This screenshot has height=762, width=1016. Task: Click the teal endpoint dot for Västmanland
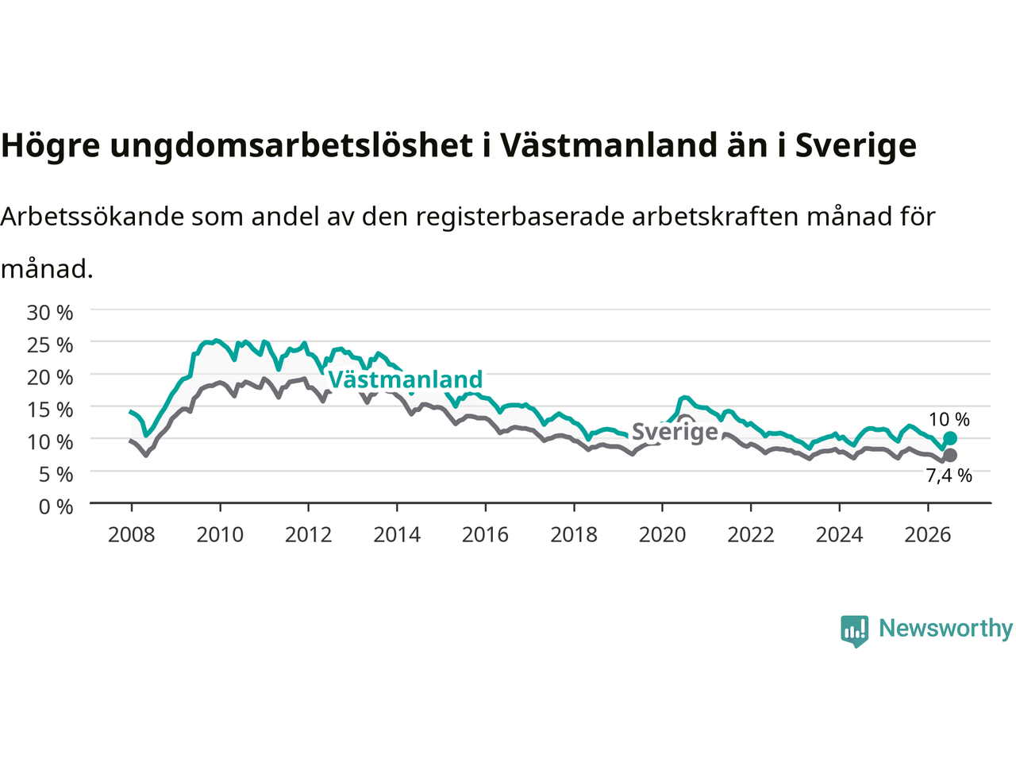(950, 437)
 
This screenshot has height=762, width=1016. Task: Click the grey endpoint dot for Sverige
(950, 456)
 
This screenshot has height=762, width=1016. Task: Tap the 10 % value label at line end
(949, 420)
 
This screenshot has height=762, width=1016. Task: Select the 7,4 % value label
(949, 475)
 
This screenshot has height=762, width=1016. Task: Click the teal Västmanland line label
(406, 379)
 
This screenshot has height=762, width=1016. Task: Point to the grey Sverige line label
(675, 432)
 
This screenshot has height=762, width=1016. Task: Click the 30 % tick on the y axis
(50, 313)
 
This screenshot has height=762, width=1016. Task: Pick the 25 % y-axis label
(50, 345)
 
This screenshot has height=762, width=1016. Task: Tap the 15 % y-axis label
(50, 410)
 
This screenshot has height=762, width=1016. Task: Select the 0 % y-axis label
(56, 507)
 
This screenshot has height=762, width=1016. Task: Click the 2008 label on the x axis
(132, 535)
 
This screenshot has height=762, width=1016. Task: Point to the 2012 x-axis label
(308, 535)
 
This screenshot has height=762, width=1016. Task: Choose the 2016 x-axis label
(485, 535)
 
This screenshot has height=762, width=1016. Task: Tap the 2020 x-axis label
(662, 535)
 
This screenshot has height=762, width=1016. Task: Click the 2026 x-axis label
(928, 535)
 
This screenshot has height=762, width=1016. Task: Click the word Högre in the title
(51, 146)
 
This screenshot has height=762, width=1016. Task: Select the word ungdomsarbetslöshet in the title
(291, 146)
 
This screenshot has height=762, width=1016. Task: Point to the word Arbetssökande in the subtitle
(93, 217)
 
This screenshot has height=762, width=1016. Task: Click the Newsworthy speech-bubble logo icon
(854, 631)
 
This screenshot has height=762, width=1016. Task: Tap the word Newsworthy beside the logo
(945, 629)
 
